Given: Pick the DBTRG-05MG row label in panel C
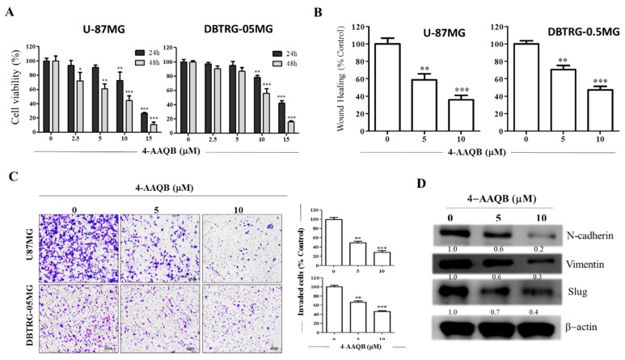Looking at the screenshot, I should [x=18, y=311].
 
